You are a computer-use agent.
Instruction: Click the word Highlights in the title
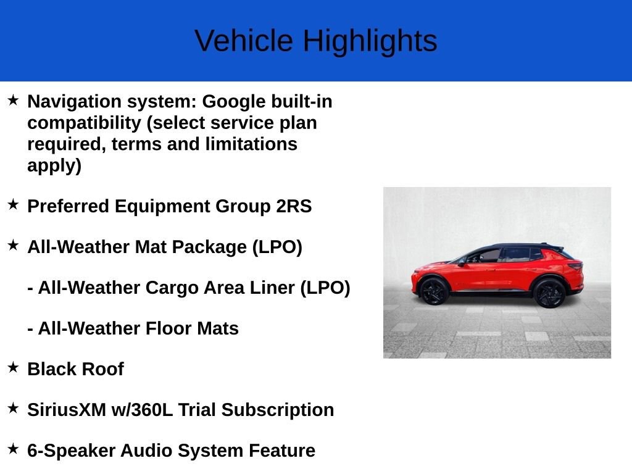coord(370,41)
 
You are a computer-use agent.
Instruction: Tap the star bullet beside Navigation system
coord(14,99)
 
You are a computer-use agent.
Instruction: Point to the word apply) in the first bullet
coord(54,165)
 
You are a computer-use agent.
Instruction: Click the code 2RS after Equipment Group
coord(294,206)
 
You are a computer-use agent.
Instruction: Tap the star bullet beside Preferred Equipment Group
coord(14,204)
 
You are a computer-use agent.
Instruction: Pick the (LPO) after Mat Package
coord(277,247)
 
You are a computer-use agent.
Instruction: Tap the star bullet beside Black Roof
coord(14,367)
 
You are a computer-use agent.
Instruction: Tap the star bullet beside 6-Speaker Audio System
coord(14,449)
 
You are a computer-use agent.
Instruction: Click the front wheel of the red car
coord(433,291)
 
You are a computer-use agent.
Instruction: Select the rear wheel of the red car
coord(549,293)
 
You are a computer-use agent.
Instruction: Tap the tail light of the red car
coord(575,266)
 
